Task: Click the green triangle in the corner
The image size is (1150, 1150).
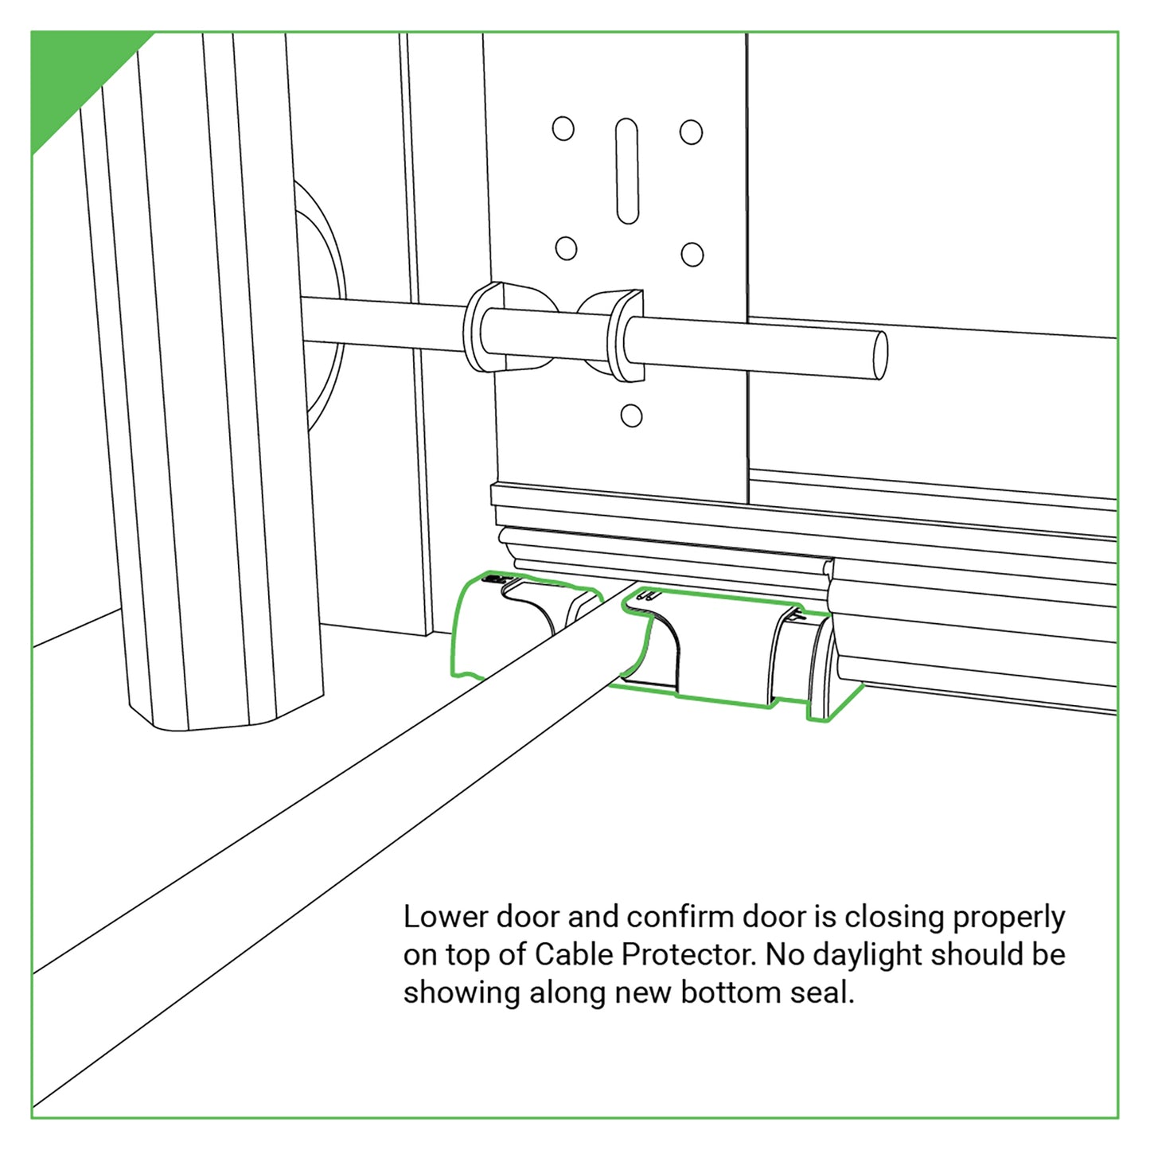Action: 72,72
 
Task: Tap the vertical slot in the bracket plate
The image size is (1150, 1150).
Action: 626,170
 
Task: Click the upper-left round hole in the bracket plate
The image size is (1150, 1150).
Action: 563,128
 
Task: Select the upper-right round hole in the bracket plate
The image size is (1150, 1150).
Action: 691,132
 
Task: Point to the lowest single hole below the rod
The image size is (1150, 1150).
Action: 631,415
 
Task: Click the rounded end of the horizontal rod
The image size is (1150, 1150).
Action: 879,355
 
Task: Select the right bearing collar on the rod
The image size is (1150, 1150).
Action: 612,335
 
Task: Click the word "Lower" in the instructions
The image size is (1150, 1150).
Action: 446,918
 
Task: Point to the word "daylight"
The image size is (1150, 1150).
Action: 867,956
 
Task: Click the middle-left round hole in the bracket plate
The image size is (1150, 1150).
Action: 566,248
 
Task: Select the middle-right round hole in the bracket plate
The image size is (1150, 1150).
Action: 692,254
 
